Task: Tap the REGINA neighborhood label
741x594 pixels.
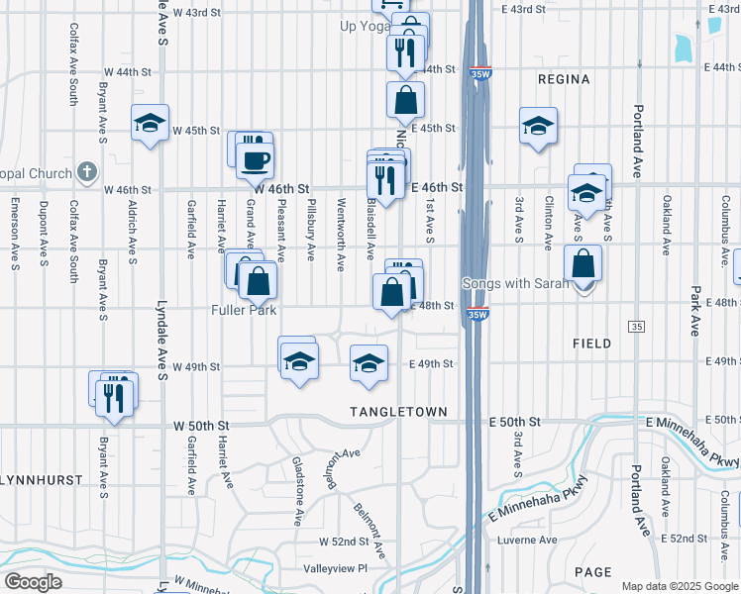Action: [x=563, y=79]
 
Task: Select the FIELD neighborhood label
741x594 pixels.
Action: [x=592, y=343]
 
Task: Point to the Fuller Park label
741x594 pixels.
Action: [x=242, y=309]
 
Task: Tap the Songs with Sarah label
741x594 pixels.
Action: [x=516, y=284]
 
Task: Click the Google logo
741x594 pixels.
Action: [x=33, y=581]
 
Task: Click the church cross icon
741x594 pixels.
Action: [x=86, y=173]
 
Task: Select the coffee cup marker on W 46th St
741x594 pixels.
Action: [x=256, y=159]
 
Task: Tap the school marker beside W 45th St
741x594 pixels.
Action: [x=151, y=123]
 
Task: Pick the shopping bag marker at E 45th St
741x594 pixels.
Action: [x=405, y=100]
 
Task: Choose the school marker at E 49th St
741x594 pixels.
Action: [x=369, y=362]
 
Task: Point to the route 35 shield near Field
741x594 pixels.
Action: [x=636, y=327]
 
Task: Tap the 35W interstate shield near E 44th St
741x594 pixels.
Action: [x=480, y=72]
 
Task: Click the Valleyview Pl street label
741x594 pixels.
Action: [x=335, y=568]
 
